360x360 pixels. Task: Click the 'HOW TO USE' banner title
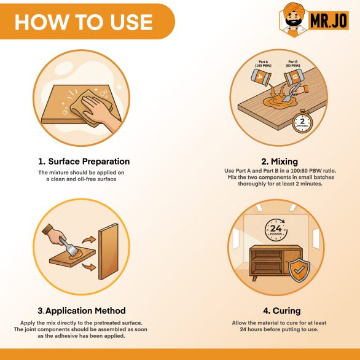pyautogui.click(x=84, y=22)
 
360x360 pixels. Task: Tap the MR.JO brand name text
pyautogui.click(x=329, y=20)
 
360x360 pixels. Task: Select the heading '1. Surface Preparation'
pyautogui.click(x=84, y=162)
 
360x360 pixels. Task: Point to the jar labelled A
pyautogui.click(x=261, y=77)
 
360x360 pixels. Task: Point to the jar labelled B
pyautogui.click(x=294, y=77)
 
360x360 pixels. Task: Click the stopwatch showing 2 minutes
pyautogui.click(x=302, y=122)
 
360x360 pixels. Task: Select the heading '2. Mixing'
pyautogui.click(x=280, y=162)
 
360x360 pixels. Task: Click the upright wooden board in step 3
pyautogui.click(x=108, y=251)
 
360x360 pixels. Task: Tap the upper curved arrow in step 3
pyautogui.click(x=89, y=240)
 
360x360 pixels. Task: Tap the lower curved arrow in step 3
pyautogui.click(x=89, y=267)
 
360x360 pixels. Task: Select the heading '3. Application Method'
pyautogui.click(x=82, y=311)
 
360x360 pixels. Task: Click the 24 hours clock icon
pyautogui.click(x=276, y=230)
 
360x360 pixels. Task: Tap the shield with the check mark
pyautogui.click(x=299, y=270)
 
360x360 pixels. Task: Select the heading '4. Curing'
pyautogui.click(x=282, y=311)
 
